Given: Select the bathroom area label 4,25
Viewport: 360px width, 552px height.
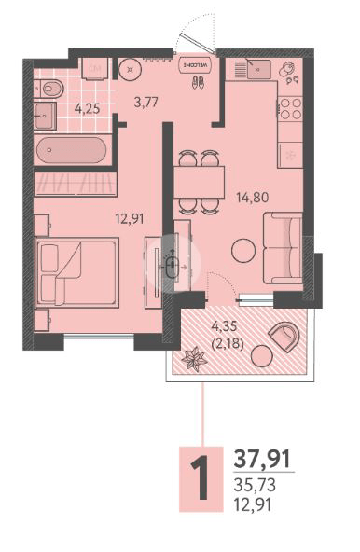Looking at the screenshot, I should (x=88, y=108).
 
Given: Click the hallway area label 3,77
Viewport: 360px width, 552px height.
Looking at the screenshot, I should (x=146, y=103).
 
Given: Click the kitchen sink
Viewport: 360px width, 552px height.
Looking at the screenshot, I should (x=253, y=70).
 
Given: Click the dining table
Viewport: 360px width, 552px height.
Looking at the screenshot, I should (x=200, y=173).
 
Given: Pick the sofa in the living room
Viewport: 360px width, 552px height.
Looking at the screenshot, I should (x=282, y=247).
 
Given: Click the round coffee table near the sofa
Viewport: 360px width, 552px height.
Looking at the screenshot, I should (x=244, y=251).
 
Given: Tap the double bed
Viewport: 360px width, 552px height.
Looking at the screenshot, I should (x=77, y=271).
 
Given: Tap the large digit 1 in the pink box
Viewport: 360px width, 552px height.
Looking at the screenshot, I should (x=199, y=478).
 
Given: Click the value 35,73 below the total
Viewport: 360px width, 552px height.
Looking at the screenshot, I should (x=255, y=486).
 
